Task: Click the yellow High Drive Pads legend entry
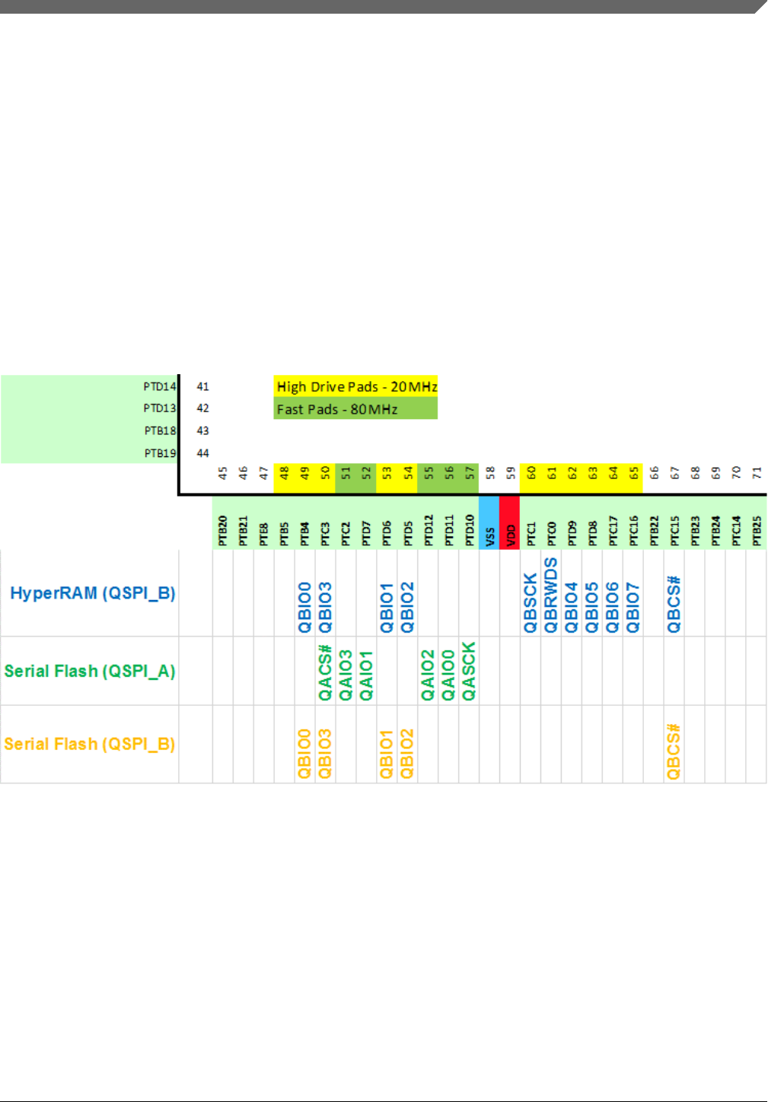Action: tap(356, 386)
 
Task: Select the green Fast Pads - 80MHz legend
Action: tap(355, 409)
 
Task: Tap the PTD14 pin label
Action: tap(160, 386)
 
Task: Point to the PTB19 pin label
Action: tap(160, 453)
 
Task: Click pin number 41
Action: tap(202, 386)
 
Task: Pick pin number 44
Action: tap(202, 453)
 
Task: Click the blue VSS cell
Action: tap(489, 522)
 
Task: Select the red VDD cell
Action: tap(510, 522)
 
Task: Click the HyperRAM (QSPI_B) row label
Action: tap(92, 593)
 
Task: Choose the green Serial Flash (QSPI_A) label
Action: tap(90, 671)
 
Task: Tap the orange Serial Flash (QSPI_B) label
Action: tap(90, 744)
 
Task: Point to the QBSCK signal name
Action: tap(531, 603)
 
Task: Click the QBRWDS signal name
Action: tap(551, 595)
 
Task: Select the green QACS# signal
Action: tap(325, 672)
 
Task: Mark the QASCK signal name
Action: tap(469, 671)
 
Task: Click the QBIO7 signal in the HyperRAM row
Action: tap(633, 607)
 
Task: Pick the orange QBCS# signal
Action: tap(674, 751)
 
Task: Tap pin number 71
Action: tap(757, 472)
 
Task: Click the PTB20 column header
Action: tap(223, 530)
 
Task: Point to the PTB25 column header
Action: tap(757, 530)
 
